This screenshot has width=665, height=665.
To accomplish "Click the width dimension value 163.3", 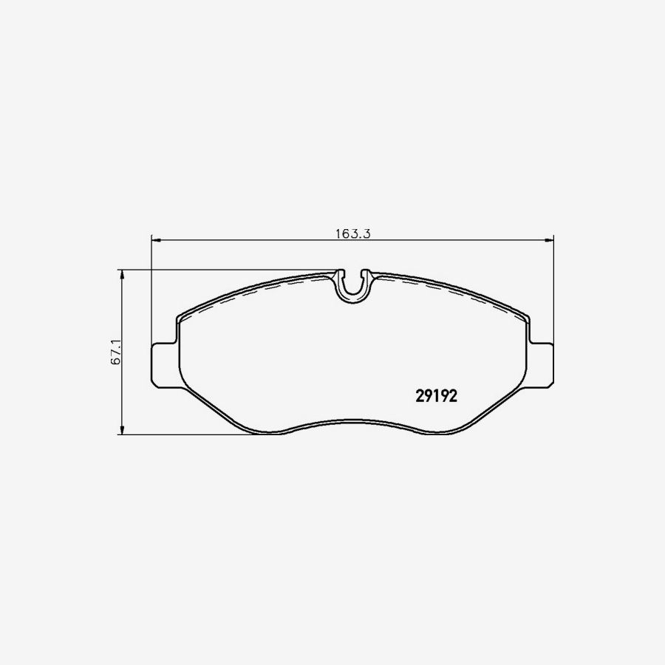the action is (x=353, y=233).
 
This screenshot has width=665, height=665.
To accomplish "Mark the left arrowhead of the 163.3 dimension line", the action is (x=156, y=240).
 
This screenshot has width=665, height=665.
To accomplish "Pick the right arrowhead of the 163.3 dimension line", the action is (x=550, y=240).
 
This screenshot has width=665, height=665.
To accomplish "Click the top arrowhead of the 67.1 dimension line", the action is (x=122, y=274).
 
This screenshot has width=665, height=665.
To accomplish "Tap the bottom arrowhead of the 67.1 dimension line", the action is (x=122, y=429).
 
